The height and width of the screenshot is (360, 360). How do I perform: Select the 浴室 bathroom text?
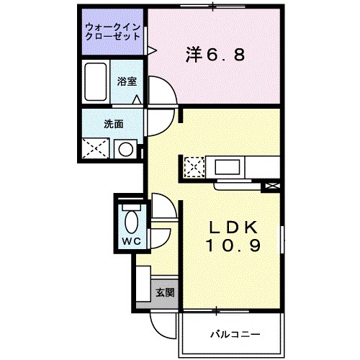pos(127,81)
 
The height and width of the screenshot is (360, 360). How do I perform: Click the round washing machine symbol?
pos(126,150)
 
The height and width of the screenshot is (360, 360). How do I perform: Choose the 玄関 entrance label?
pos(165,293)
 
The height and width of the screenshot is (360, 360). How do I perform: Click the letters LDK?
pos(231,229)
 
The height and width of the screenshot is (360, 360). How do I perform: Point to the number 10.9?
pos(231,247)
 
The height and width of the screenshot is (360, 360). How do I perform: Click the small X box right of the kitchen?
pos(273,186)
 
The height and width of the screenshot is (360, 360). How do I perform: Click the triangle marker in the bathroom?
pos(136,98)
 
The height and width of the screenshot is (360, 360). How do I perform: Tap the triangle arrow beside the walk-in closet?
pos(152,49)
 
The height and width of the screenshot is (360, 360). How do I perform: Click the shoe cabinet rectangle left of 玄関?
pos(143,284)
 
